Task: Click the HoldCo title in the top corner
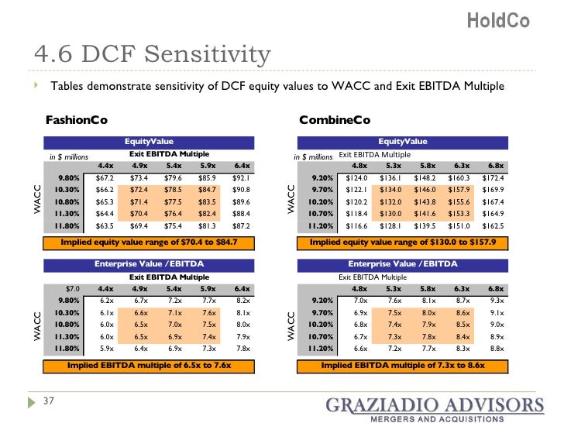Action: (x=498, y=21)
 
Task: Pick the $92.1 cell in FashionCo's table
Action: (x=242, y=177)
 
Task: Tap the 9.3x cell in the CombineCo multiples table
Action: (x=497, y=301)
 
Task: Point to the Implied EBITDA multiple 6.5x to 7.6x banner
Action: (x=148, y=365)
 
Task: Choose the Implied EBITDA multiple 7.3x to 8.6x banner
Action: (x=402, y=365)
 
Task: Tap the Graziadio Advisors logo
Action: (x=434, y=408)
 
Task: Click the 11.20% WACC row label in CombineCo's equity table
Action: (x=318, y=226)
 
